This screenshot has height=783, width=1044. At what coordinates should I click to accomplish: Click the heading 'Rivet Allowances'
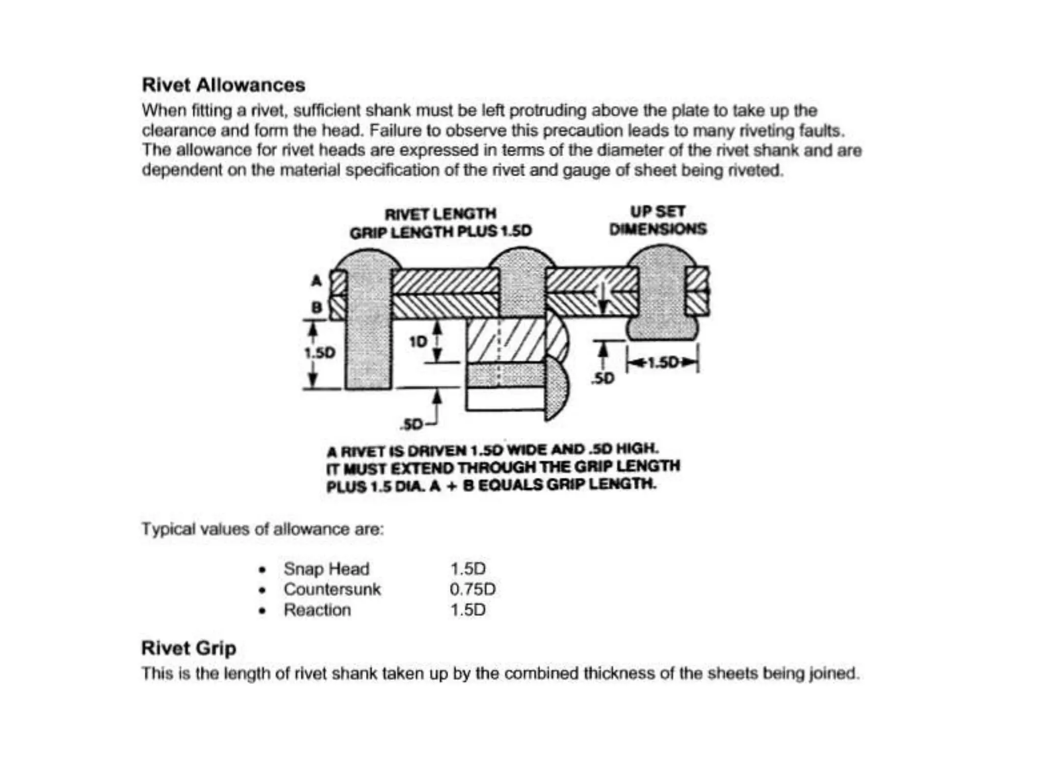tap(223, 85)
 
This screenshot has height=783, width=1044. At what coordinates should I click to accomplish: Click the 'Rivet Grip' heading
tap(189, 648)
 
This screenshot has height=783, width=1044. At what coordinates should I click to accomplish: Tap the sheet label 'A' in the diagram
tap(317, 281)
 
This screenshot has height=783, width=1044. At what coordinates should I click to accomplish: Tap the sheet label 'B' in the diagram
tap(317, 307)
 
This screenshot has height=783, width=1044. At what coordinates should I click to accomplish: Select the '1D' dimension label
tap(418, 342)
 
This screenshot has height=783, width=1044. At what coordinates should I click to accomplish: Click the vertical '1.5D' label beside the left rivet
tap(320, 353)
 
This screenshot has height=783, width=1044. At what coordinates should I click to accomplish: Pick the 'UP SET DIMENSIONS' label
tap(658, 220)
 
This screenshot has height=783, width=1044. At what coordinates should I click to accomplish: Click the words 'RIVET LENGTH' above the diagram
tap(440, 214)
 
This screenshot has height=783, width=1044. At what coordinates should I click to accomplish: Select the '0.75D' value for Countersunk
tap(473, 589)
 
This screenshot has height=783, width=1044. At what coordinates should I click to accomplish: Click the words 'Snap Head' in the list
tap(326, 568)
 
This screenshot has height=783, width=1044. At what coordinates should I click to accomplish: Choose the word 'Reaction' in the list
tap(317, 610)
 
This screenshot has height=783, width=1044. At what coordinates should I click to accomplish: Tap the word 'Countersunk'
tap(332, 589)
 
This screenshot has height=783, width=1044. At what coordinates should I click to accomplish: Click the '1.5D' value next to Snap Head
tap(468, 568)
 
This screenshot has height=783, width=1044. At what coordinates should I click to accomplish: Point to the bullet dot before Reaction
tap(262, 611)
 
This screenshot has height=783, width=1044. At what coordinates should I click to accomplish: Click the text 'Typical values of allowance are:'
tap(263, 529)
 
